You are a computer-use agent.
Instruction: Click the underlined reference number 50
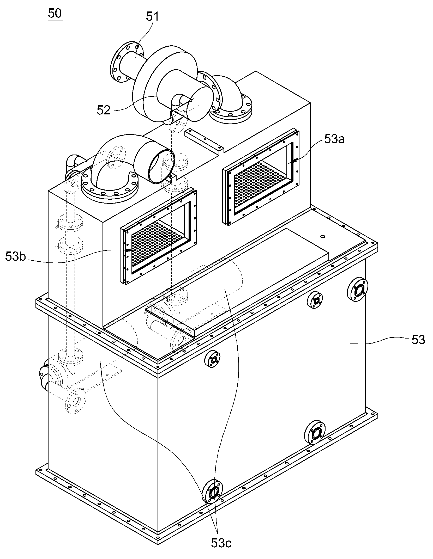click(x=55, y=14)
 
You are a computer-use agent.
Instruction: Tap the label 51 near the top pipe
click(x=152, y=17)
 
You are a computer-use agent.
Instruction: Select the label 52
click(x=104, y=110)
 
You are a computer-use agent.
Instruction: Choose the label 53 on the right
click(x=418, y=340)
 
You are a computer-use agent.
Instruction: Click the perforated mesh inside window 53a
click(x=260, y=184)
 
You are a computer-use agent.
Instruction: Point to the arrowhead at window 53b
click(x=128, y=250)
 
